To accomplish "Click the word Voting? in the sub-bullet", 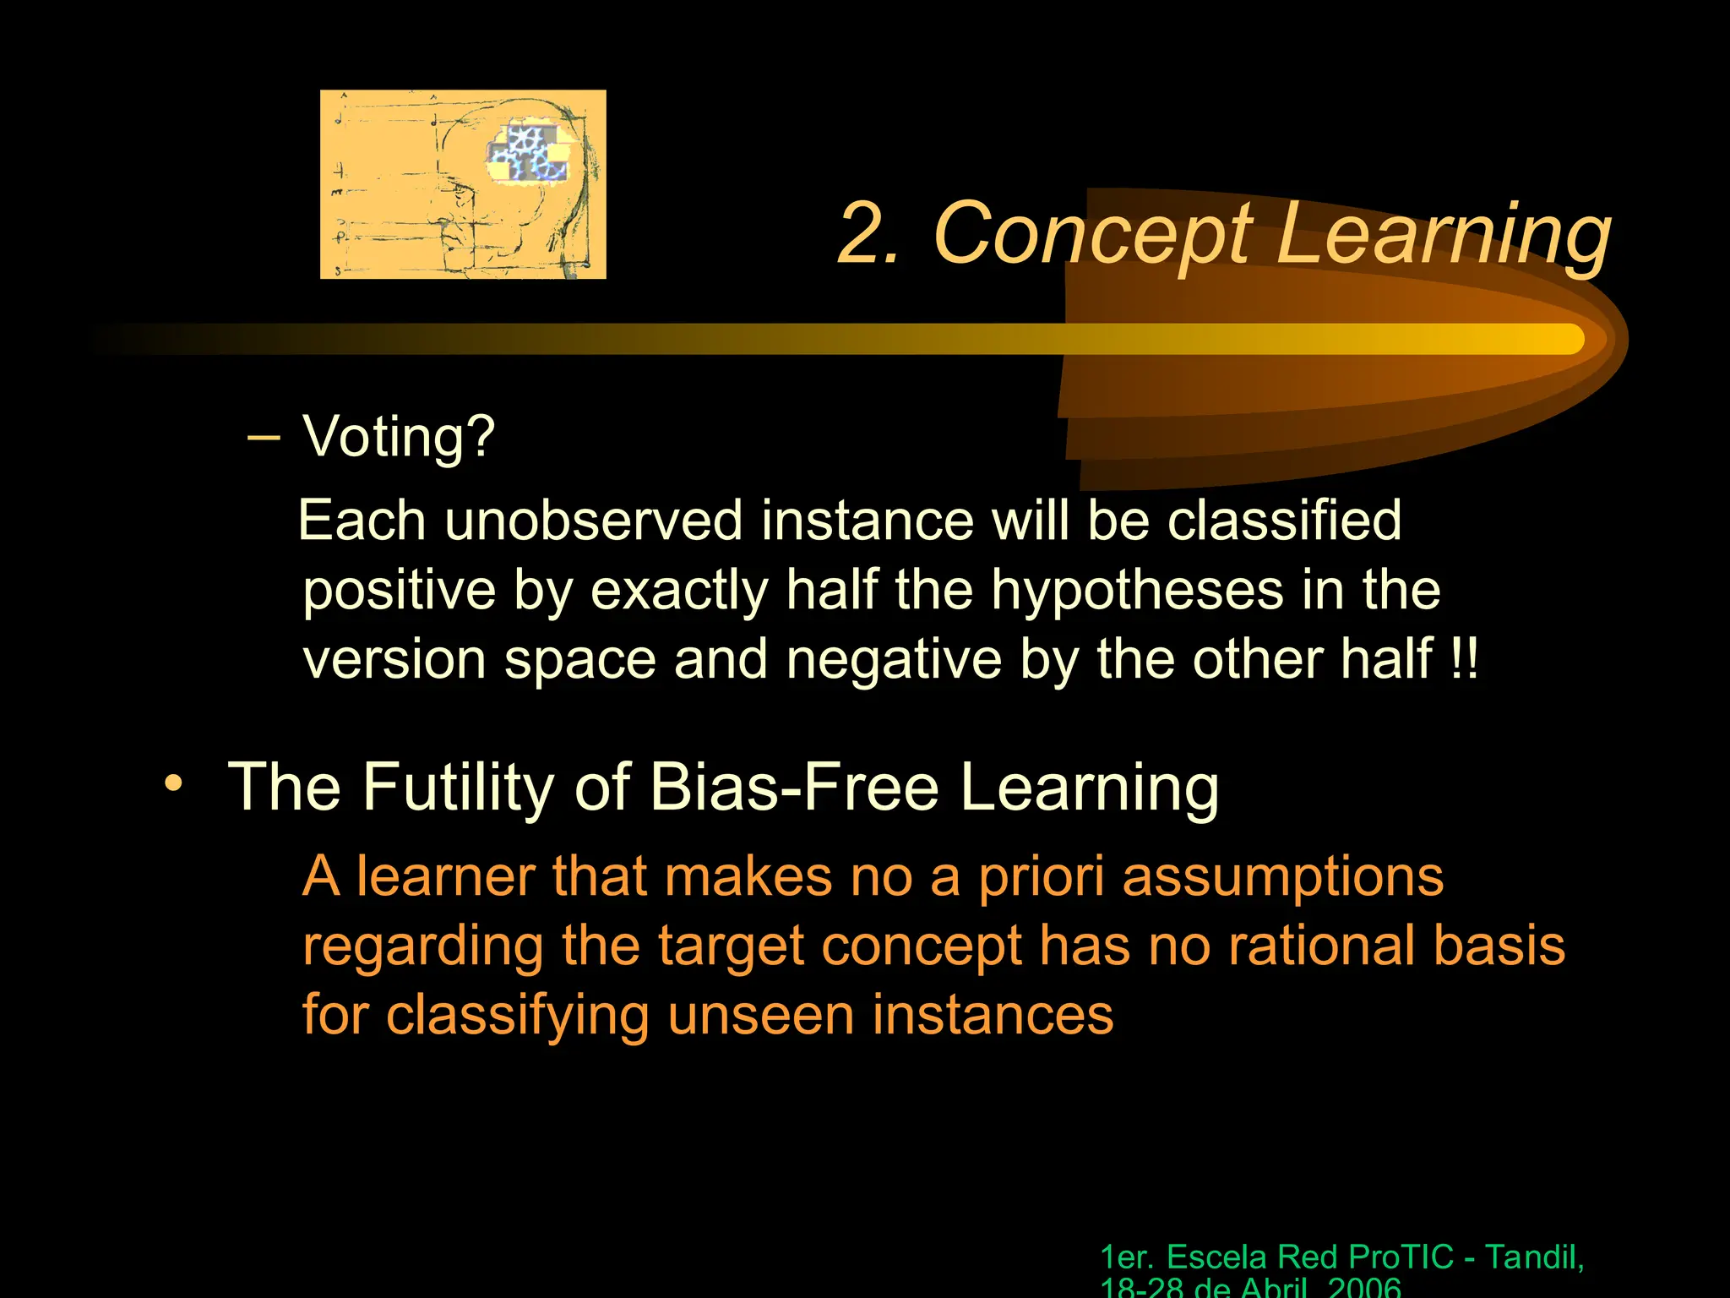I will (399, 437).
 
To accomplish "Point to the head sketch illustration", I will (463, 184).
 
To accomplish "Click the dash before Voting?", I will (264, 437).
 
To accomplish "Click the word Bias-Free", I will (794, 787).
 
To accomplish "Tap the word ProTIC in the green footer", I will (1401, 1257).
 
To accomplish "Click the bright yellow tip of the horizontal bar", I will (1563, 339).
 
